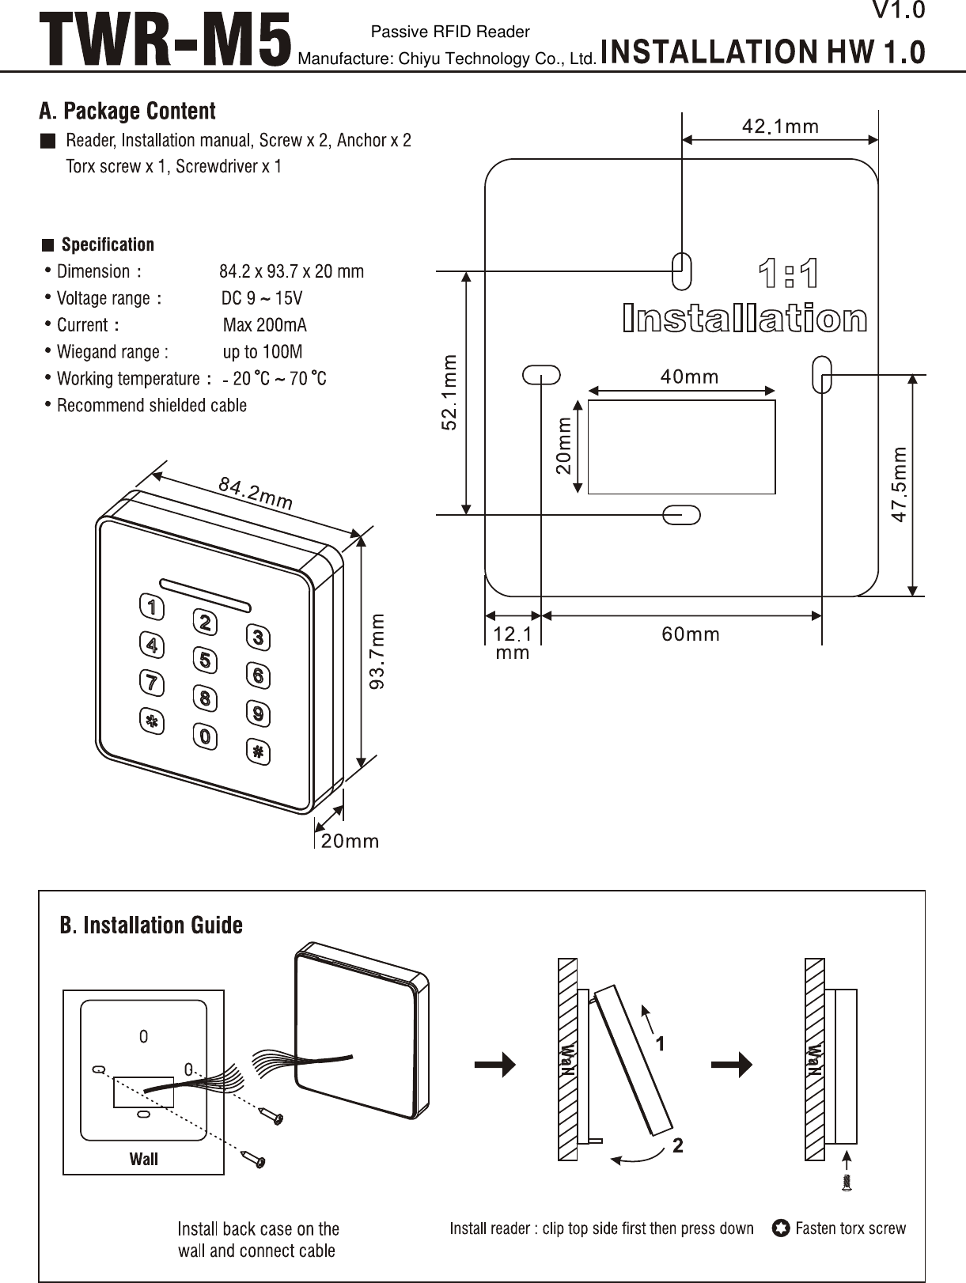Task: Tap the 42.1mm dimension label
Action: (x=780, y=127)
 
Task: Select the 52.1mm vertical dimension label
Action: (x=449, y=392)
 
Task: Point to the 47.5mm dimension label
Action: (x=900, y=484)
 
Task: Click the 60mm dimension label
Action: (x=691, y=634)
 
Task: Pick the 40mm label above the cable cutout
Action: (x=690, y=377)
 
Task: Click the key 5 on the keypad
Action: (x=205, y=660)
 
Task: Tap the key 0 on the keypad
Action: (x=205, y=736)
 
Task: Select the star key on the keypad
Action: (x=151, y=721)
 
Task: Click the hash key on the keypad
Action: (x=258, y=751)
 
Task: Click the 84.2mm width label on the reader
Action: (x=256, y=493)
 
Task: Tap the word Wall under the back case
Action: (x=144, y=1159)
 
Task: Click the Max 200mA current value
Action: (x=265, y=325)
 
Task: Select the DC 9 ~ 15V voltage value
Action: (x=262, y=298)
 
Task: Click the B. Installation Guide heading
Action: (x=151, y=925)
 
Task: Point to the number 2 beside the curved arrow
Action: (x=678, y=1145)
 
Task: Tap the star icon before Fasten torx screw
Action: (x=780, y=1228)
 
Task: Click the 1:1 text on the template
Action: (x=789, y=274)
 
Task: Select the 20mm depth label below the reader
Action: (x=350, y=841)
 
